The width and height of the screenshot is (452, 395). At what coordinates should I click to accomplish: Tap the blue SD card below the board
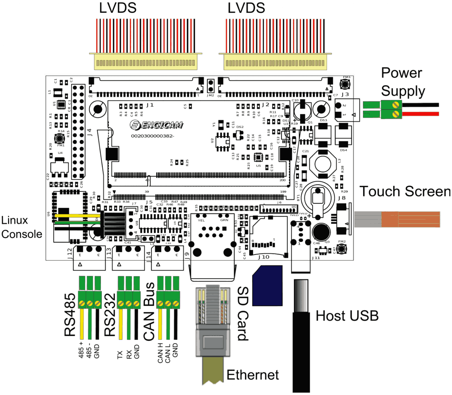click(268, 286)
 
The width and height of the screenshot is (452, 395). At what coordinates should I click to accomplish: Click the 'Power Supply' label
click(403, 82)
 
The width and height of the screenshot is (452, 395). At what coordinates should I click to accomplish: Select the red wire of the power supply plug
click(421, 114)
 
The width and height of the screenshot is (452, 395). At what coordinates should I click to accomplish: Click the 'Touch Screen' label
click(405, 191)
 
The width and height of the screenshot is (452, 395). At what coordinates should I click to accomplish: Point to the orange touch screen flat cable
click(411, 219)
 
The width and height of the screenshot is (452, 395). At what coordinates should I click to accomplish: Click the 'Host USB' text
click(347, 316)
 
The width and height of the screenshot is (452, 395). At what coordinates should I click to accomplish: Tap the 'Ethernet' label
click(252, 375)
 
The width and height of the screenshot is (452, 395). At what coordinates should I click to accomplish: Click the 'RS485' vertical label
click(70, 314)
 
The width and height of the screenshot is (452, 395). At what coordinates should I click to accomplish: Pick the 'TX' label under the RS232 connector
click(120, 354)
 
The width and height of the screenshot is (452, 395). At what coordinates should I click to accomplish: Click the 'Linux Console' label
click(21, 227)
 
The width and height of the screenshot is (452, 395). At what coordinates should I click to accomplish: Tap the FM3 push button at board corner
click(345, 84)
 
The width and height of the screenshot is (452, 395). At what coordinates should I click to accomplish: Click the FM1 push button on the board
click(60, 138)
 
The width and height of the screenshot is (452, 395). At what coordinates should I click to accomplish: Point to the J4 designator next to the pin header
click(89, 132)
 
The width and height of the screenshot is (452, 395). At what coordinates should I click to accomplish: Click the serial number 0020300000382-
click(152, 136)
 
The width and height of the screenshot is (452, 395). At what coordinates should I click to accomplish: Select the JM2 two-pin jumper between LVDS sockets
click(211, 86)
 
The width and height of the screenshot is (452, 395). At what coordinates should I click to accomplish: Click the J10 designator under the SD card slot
click(264, 257)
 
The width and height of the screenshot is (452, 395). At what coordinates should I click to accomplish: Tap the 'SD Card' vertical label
click(243, 314)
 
